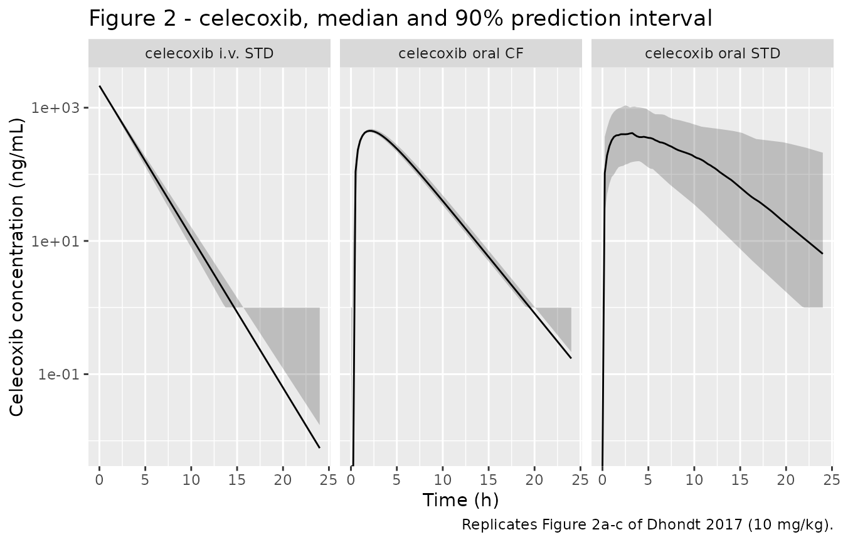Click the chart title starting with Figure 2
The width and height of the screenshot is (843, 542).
400,18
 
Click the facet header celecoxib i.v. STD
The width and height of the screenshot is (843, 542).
209,53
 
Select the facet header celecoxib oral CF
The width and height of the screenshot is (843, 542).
461,53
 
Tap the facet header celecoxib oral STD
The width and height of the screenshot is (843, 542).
713,53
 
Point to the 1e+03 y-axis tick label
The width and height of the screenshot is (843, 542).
56,108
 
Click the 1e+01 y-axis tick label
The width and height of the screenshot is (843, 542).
56,242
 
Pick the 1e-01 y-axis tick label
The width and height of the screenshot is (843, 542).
59,375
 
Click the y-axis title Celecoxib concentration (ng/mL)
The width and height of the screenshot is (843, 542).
16,267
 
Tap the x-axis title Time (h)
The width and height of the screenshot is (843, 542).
460,500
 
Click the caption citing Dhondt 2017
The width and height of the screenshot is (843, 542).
647,524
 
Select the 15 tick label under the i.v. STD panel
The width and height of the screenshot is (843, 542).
236,480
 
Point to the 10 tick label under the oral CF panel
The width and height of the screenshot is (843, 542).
443,480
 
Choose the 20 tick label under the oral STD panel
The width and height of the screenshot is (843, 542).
786,480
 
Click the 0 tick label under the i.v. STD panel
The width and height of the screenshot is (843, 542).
99,480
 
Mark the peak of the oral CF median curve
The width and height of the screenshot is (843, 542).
370,131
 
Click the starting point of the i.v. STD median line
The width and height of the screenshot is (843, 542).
100,86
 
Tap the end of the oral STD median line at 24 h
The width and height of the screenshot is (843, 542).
823,253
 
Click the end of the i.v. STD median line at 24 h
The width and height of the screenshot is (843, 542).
319,448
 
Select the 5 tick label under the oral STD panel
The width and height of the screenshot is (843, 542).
648,480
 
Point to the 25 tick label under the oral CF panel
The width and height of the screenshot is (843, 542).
580,480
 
